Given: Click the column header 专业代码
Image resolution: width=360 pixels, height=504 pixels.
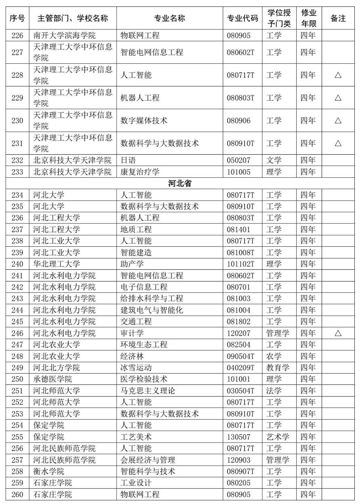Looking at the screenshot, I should (x=242, y=18).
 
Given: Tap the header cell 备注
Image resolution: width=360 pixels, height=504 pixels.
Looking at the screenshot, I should (x=338, y=18).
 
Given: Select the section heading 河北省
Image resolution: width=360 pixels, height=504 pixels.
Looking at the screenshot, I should (x=180, y=184).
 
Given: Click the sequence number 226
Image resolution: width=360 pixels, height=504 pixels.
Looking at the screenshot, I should (x=17, y=36).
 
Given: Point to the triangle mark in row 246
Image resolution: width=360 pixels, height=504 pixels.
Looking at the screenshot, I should (x=338, y=333).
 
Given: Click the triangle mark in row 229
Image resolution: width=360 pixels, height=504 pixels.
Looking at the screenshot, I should (x=338, y=98).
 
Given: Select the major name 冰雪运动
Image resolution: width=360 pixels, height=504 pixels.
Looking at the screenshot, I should (x=136, y=367).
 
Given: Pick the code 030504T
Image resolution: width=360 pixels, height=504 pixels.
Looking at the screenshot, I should (x=241, y=391).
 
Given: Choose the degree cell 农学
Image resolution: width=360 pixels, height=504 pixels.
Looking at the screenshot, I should (x=274, y=356).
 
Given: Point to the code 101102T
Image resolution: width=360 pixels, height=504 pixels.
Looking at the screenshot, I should (x=241, y=264).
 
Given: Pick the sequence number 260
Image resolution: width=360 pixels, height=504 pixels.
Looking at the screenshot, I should (x=17, y=494).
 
